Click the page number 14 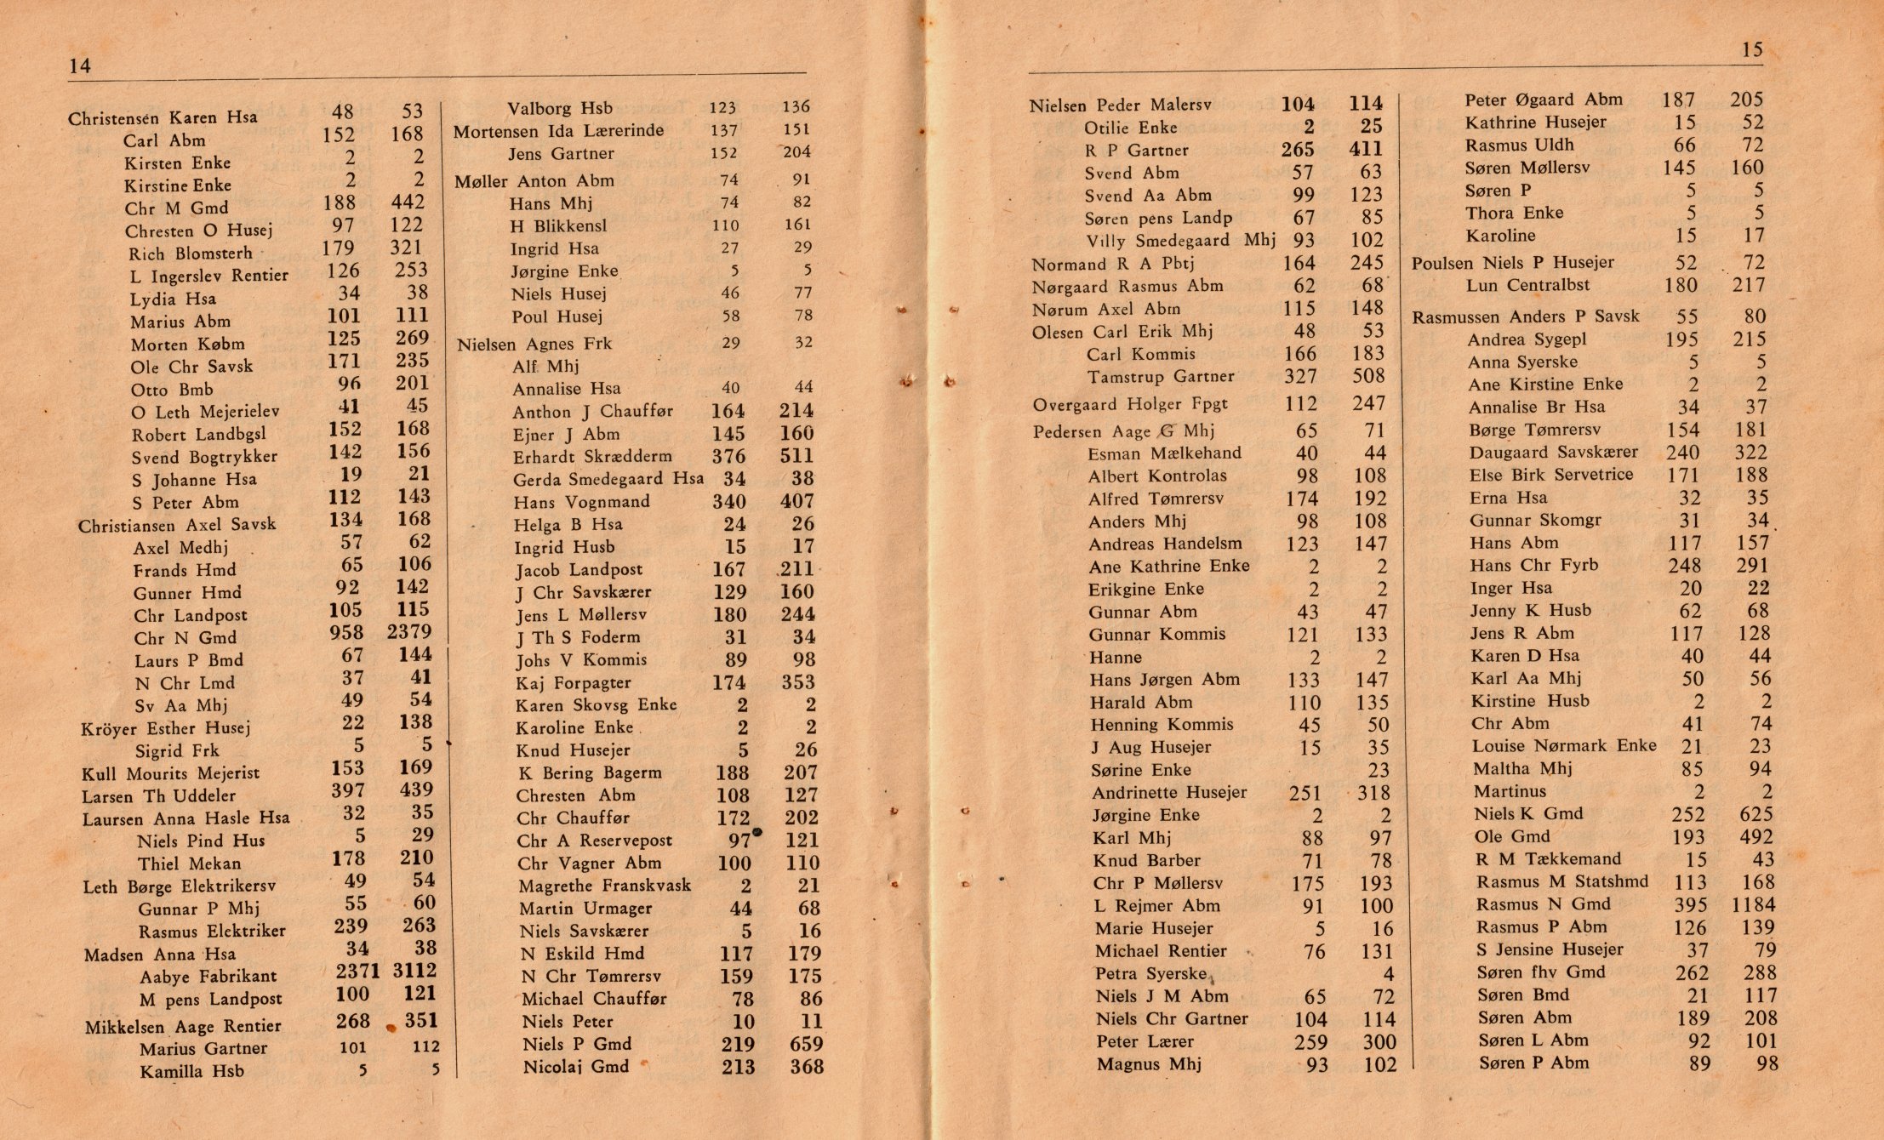(80, 66)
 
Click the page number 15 (1752, 50)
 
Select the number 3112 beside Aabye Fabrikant (414, 971)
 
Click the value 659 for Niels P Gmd (806, 1044)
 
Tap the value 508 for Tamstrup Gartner (1367, 376)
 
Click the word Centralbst (1557, 285)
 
